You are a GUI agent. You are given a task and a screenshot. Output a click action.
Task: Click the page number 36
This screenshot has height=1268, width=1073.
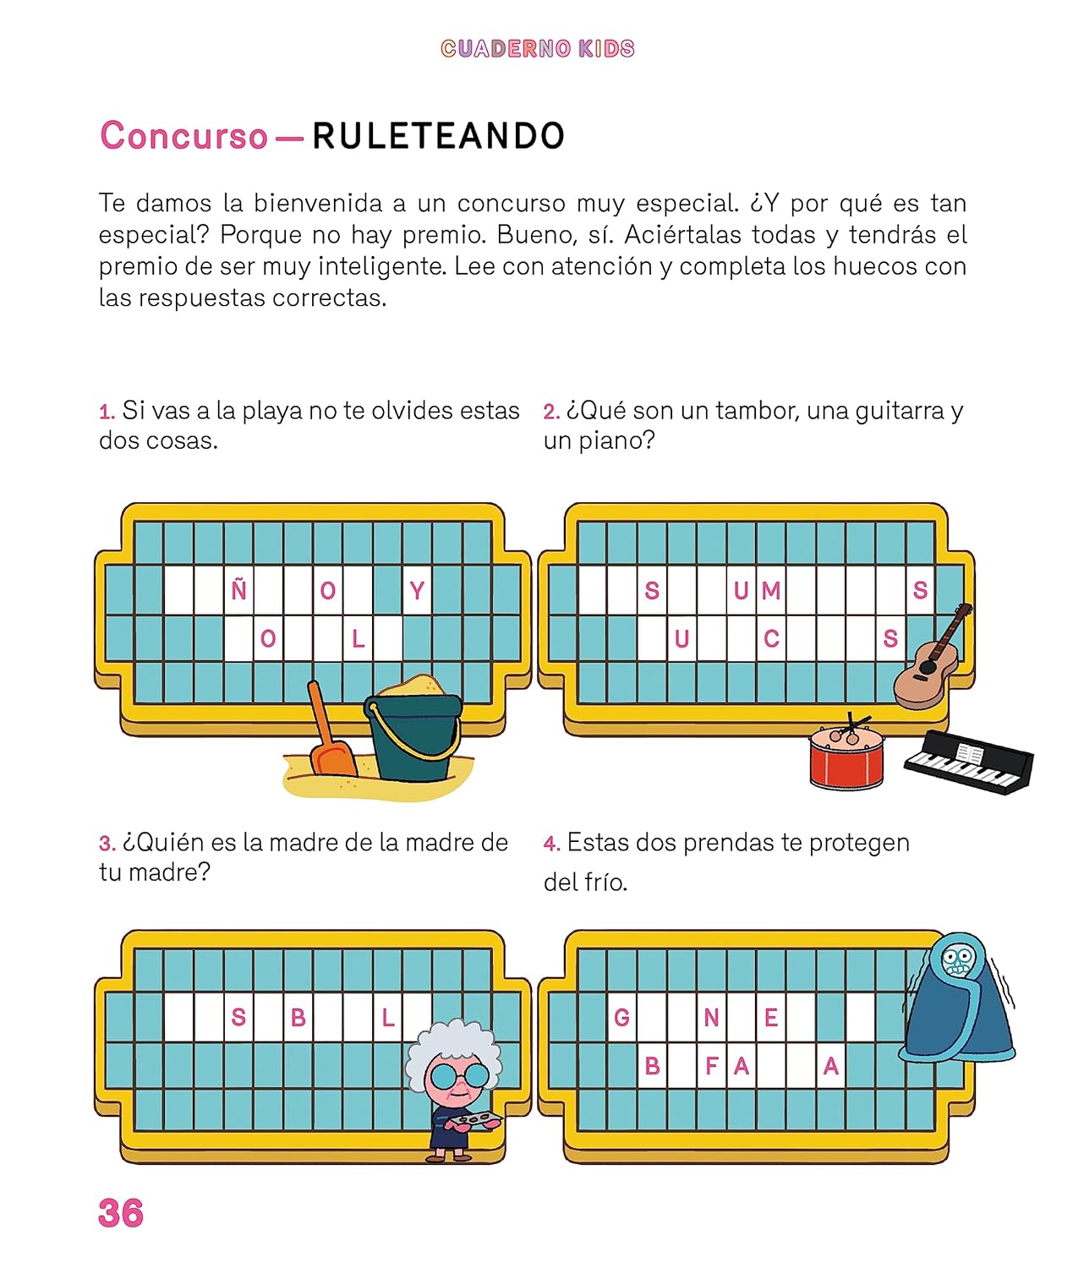click(x=121, y=1213)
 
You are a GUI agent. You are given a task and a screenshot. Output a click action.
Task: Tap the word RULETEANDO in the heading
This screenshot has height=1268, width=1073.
click(x=439, y=135)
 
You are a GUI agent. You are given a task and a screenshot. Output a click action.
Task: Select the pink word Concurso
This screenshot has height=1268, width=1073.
click(x=184, y=135)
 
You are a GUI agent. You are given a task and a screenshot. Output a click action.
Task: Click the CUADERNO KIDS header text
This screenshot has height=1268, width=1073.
click(x=538, y=48)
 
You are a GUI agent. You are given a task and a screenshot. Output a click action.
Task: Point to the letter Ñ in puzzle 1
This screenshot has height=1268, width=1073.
click(x=238, y=589)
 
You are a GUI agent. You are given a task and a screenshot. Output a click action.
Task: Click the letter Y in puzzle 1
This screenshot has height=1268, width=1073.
click(x=417, y=591)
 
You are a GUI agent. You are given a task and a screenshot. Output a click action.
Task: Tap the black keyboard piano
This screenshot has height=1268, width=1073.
click(x=968, y=762)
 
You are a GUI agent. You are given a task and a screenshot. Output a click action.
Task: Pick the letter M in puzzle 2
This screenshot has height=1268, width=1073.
click(x=771, y=591)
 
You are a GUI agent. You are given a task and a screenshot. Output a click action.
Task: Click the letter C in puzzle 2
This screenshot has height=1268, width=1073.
click(x=771, y=639)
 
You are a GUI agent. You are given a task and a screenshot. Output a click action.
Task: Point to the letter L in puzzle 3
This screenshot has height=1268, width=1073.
click(x=388, y=1019)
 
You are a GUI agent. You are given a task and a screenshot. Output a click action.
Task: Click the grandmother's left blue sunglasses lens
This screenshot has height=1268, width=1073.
click(x=442, y=1076)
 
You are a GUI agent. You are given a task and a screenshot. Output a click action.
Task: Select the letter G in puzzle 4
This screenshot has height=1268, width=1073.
click(x=621, y=1019)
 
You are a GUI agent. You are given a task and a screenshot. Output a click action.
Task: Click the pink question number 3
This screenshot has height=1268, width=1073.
click(x=107, y=844)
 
